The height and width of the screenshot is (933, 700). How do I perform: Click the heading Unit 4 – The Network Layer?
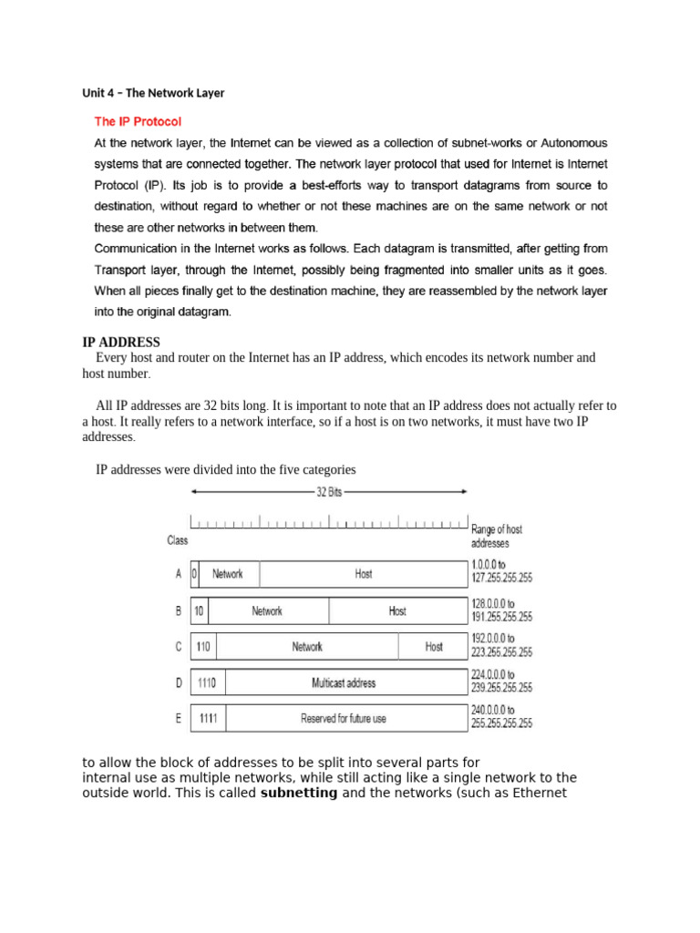click(153, 93)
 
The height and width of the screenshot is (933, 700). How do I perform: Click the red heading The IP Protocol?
click(139, 120)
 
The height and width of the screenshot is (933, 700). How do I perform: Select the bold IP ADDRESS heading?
click(122, 343)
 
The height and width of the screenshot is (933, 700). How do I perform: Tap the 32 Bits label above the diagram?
click(329, 491)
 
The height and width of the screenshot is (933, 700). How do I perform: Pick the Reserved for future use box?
click(343, 718)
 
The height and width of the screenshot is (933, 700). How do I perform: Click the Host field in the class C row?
click(434, 646)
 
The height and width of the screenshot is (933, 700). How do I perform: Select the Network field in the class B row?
click(267, 610)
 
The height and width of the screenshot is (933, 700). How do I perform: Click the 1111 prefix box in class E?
click(208, 718)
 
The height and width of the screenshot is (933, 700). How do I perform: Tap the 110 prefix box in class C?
click(203, 646)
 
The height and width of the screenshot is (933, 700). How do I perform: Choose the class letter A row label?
click(178, 574)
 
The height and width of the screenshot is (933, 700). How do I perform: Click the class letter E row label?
click(178, 718)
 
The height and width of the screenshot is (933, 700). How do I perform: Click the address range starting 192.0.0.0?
click(501, 645)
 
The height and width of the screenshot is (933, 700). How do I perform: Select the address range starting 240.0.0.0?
click(501, 717)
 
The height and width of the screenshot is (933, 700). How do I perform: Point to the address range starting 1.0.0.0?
click(501, 570)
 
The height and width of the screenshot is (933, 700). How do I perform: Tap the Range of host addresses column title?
click(497, 535)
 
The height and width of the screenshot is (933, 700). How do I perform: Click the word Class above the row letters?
click(178, 540)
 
